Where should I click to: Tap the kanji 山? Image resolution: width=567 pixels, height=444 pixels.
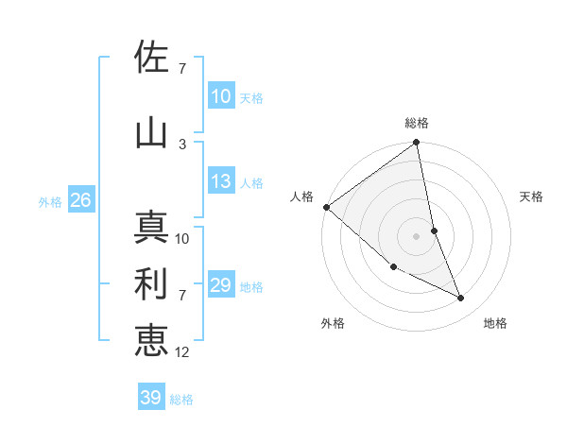click(x=151, y=133)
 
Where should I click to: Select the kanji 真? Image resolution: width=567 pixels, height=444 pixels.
click(x=151, y=228)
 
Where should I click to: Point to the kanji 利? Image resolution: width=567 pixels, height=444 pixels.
click(x=151, y=284)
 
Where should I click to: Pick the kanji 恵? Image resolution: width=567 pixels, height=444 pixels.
click(x=151, y=341)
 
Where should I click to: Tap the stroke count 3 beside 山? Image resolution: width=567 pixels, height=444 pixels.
click(x=182, y=144)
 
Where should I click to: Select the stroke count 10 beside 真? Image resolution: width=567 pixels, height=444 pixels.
click(x=182, y=238)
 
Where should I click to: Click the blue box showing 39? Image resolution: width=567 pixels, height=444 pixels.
click(x=151, y=398)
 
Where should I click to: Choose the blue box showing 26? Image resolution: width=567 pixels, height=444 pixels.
click(x=80, y=200)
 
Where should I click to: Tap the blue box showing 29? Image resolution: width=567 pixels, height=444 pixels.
click(x=221, y=285)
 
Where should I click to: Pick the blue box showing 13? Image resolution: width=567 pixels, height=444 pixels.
click(x=221, y=181)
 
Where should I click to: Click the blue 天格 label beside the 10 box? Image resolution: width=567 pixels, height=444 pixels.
click(x=251, y=97)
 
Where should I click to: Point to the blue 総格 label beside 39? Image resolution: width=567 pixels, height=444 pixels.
click(x=181, y=400)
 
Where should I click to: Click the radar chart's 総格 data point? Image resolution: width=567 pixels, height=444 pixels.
click(x=417, y=143)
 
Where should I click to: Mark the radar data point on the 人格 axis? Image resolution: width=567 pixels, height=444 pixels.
click(x=326, y=207)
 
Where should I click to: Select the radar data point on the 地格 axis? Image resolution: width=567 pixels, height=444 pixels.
click(x=461, y=298)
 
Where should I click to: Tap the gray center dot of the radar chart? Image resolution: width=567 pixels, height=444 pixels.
click(x=417, y=235)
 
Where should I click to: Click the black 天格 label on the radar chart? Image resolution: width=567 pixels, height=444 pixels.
click(x=532, y=196)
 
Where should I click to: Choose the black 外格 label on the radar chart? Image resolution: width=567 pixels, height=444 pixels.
click(x=333, y=323)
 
